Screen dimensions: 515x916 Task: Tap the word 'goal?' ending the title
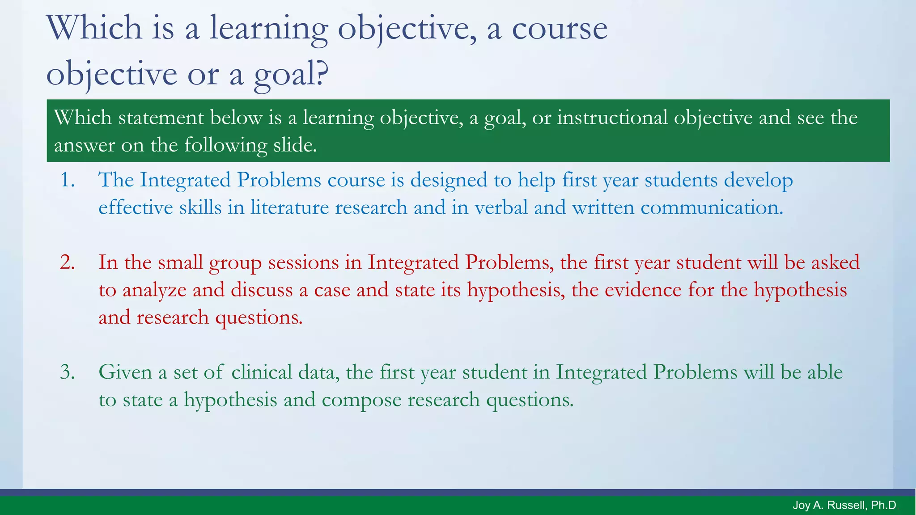click(x=291, y=74)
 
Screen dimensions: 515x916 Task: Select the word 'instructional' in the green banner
click(x=612, y=118)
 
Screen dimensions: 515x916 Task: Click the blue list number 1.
click(x=68, y=180)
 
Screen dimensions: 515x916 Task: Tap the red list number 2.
click(x=68, y=262)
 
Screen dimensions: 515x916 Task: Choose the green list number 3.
click(x=68, y=372)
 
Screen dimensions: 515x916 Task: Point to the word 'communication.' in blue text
click(x=712, y=208)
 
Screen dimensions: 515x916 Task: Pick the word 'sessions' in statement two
click(x=303, y=262)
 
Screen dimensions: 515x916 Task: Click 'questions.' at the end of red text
click(x=259, y=317)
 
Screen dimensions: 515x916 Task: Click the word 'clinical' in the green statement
click(x=262, y=372)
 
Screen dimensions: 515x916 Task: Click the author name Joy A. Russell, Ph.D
click(x=844, y=506)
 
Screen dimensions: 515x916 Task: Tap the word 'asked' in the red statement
click(x=835, y=262)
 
